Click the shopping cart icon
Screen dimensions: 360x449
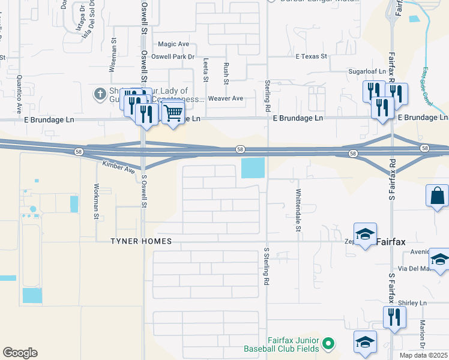pyautogui.click(x=173, y=112)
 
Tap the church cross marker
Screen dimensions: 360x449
pyautogui.click(x=100, y=94)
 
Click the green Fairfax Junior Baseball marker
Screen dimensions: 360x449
pyautogui.click(x=328, y=344)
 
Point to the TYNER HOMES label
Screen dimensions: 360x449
pyautogui.click(x=140, y=241)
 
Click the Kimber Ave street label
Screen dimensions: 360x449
pyautogui.click(x=119, y=167)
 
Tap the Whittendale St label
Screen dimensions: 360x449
pyautogui.click(x=298, y=210)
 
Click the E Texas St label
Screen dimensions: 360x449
pyautogui.click(x=311, y=56)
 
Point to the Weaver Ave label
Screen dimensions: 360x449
pyautogui.click(x=226, y=98)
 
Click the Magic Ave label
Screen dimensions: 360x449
pyautogui.click(x=173, y=44)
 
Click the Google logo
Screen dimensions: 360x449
pyautogui.click(x=20, y=353)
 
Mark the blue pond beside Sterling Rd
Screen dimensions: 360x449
pyautogui.click(x=253, y=167)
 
